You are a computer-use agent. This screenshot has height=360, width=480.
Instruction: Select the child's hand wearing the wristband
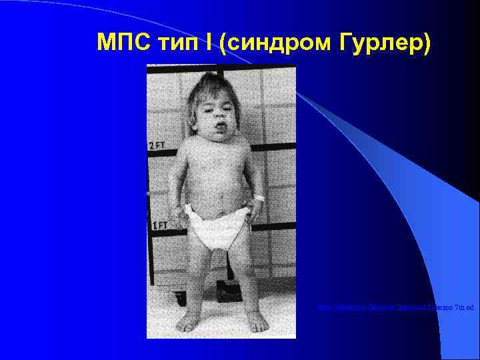pyautogui.click(x=256, y=211)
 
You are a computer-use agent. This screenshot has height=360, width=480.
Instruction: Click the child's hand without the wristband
pyautogui.click(x=177, y=217)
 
